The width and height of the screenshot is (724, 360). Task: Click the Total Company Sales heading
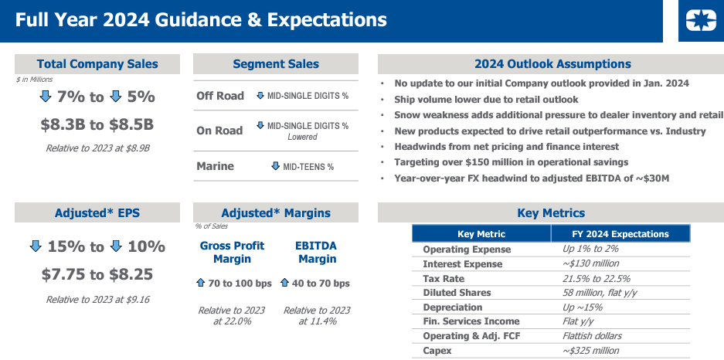click(x=97, y=64)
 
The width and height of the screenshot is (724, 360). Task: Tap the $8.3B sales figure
click(x=63, y=124)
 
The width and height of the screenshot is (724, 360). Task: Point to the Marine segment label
click(x=216, y=166)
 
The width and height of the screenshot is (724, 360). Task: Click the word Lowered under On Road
click(x=302, y=137)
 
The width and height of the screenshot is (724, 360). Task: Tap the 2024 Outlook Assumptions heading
click(x=552, y=64)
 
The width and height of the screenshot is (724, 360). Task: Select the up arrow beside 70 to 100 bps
click(x=201, y=284)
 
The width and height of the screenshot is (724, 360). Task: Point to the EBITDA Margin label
click(x=316, y=253)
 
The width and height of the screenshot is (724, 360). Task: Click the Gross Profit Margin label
click(x=232, y=253)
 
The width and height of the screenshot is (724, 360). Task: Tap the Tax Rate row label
click(x=445, y=278)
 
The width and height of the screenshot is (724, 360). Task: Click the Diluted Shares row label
click(x=457, y=293)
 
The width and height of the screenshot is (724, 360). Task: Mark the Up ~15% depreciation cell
click(x=583, y=307)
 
